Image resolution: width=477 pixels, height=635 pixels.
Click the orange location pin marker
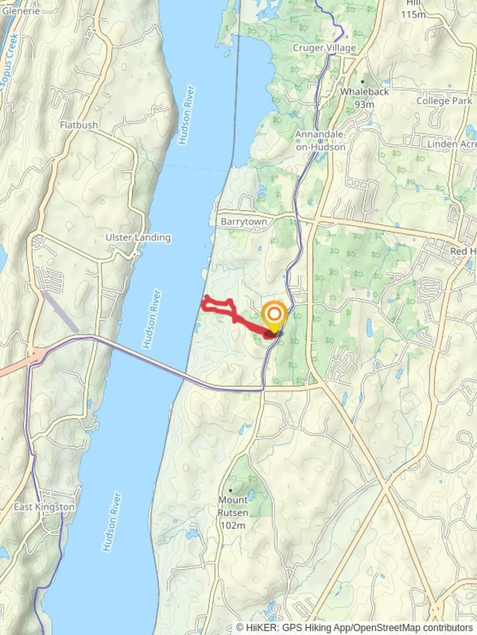[x=274, y=315]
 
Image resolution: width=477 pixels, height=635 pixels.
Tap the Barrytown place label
[x=244, y=222]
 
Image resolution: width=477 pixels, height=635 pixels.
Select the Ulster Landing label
[x=138, y=238]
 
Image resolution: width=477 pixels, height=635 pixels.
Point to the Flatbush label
[x=79, y=125]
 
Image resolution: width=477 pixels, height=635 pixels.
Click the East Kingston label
[x=45, y=507]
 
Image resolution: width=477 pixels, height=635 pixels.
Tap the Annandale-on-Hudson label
[x=320, y=141]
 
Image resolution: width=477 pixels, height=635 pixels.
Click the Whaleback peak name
[x=364, y=92]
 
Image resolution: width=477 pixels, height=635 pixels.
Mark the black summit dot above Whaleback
[x=363, y=82]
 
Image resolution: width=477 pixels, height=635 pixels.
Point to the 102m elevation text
[x=232, y=525]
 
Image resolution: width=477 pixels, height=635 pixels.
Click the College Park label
[x=444, y=101]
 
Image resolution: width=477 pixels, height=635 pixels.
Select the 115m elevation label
[x=413, y=15]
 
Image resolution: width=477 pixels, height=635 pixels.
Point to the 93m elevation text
[x=365, y=105]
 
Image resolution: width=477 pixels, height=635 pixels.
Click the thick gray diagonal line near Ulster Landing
[x=61, y=312]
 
